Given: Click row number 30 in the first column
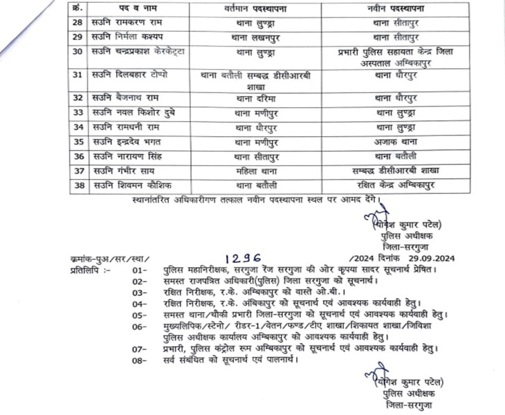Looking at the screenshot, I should click(78, 53).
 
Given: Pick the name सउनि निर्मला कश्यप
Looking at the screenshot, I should click(132, 37).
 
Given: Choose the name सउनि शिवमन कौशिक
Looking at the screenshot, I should click(133, 185).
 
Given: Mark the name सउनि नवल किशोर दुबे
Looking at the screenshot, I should click(133, 112).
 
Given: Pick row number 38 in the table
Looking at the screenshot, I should click(78, 185).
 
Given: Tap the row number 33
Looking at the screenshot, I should click(78, 112).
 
